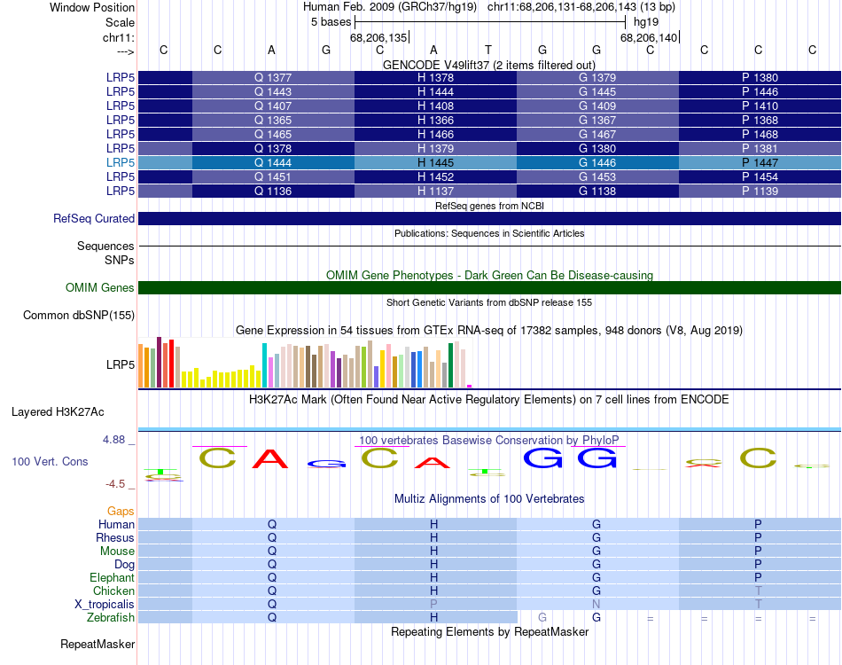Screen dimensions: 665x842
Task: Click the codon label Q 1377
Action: point(273,78)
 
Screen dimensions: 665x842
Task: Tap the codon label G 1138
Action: point(597,192)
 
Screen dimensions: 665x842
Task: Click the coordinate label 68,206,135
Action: point(378,38)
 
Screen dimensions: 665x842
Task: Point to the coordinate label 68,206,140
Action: point(649,38)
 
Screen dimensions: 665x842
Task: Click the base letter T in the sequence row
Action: point(487,51)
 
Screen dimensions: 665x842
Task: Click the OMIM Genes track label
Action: point(100,288)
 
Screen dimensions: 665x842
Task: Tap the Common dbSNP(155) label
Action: point(79,316)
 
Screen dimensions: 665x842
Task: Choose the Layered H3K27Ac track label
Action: point(58,412)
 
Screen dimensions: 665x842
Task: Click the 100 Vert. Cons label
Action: point(51,462)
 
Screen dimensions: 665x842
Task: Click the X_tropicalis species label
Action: point(105,605)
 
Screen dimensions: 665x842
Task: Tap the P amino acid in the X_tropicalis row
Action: point(434,605)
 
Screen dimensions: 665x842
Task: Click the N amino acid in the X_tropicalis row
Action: point(596,605)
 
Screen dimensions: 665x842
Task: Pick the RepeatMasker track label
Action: point(97,645)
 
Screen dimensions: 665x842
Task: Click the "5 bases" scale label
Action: point(331,22)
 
